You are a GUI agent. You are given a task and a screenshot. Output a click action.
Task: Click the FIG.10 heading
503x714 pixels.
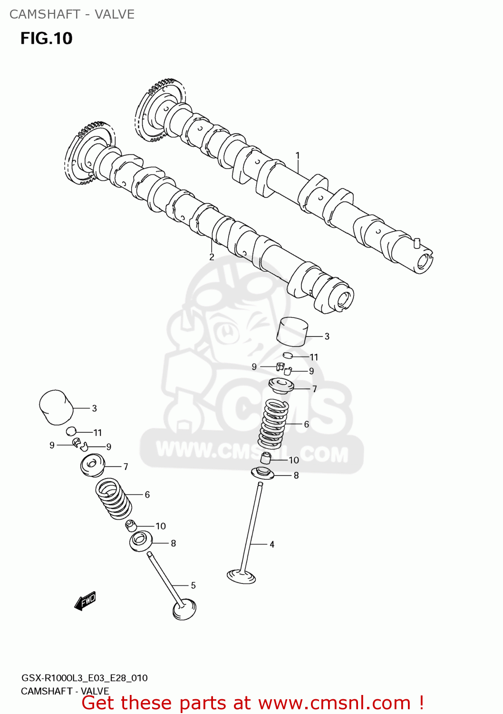point(46,39)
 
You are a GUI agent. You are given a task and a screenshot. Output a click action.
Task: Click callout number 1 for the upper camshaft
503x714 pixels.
point(298,155)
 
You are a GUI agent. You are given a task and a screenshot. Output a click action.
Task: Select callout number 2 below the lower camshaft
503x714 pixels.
point(212,257)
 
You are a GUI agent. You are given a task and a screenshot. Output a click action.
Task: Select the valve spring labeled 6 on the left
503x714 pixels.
point(113,498)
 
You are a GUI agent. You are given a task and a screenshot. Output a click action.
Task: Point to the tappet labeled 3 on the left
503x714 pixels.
point(56,407)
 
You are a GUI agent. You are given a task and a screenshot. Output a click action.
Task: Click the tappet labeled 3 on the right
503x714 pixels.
point(292,331)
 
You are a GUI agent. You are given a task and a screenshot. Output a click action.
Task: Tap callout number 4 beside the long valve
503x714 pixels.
point(272,544)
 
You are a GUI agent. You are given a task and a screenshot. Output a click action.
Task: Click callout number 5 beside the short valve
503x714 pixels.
point(193,585)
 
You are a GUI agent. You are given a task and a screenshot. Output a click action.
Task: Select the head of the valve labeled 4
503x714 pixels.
point(242,576)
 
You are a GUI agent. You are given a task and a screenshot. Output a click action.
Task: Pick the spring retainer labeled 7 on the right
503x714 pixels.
point(281,385)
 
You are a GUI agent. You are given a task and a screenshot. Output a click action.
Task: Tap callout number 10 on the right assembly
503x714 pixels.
point(294,460)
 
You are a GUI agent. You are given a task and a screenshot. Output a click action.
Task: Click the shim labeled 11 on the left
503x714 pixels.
point(71,431)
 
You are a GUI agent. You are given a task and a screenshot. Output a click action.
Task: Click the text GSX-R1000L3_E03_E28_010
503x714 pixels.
point(85,678)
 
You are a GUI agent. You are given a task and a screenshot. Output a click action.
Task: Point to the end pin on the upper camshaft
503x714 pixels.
point(416,242)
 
